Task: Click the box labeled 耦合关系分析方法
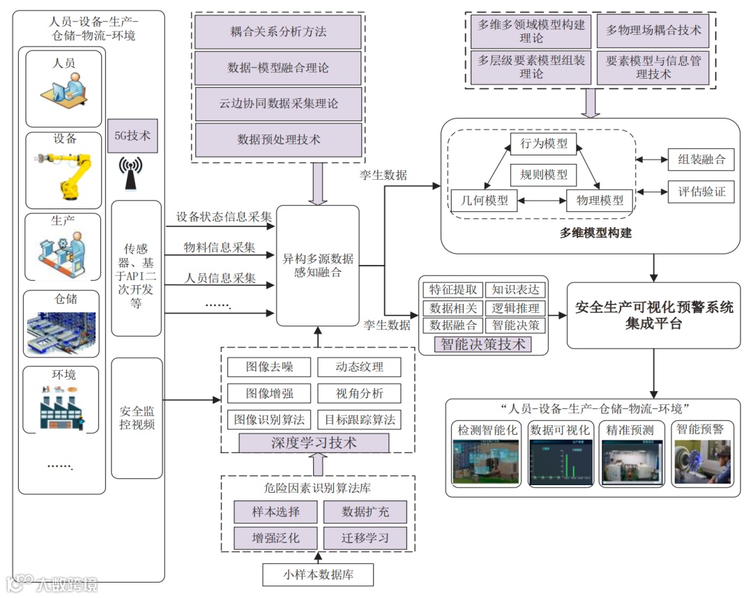[x=278, y=32]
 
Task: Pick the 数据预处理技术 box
[x=278, y=139]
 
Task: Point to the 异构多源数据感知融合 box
[x=318, y=266]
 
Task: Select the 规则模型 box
[x=544, y=174]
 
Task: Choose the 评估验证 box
[x=701, y=192]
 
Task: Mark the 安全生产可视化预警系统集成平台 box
[x=654, y=316]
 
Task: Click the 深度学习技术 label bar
[x=314, y=443]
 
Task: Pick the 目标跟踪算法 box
[x=360, y=420]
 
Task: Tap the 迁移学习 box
[x=365, y=537]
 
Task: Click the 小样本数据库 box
[x=318, y=575]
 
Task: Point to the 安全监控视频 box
[x=137, y=418]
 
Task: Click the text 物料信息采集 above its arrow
[x=220, y=247]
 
